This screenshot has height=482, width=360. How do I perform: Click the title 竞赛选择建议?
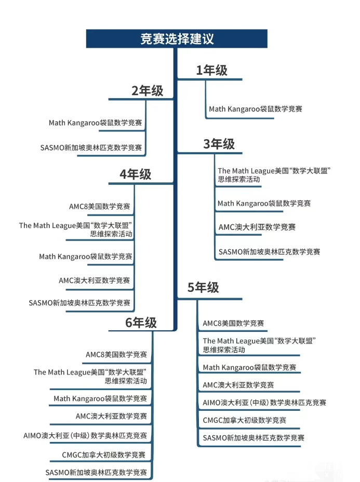point(177,39)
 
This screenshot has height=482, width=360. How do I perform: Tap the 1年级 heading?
point(212,71)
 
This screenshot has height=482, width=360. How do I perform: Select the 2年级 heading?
point(147,91)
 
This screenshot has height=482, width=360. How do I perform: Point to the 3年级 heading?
point(219,144)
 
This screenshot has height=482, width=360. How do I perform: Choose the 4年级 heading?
point(135,175)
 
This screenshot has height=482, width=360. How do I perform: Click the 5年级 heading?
point(203,287)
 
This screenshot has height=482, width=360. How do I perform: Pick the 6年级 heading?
point(141,323)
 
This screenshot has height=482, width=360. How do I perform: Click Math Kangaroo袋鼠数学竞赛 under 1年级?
point(256,109)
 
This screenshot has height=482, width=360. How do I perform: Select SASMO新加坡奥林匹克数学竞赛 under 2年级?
point(91,148)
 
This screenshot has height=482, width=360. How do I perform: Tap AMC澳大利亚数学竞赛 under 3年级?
point(257,227)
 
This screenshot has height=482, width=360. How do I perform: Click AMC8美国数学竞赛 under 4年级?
point(100,207)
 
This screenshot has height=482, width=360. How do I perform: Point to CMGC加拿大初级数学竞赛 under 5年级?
point(244,420)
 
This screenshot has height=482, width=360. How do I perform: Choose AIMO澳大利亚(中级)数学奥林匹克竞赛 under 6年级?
point(85,436)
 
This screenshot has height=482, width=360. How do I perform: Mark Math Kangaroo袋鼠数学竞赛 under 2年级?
point(95,123)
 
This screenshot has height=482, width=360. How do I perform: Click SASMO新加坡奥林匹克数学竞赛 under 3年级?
point(269,252)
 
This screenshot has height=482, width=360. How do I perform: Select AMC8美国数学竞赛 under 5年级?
point(233,324)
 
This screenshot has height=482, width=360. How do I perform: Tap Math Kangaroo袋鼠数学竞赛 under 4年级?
point(86,257)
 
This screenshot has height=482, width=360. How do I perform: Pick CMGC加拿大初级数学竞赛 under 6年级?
point(103,455)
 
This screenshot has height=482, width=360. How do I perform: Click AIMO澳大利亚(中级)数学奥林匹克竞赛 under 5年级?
point(264,403)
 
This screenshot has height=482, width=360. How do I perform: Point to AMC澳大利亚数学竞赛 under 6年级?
point(111,416)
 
